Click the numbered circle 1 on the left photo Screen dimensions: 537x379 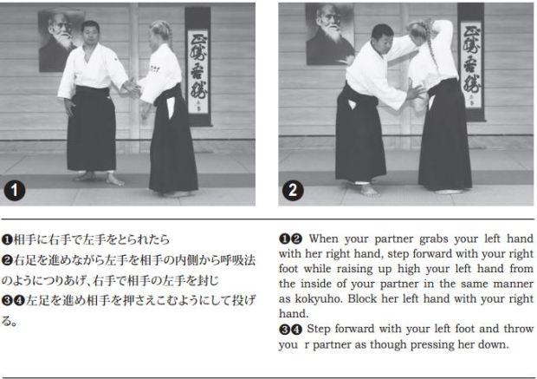(x=15, y=190)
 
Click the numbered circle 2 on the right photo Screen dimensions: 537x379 (x=293, y=190)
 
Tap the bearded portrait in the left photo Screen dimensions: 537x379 (x=59, y=41)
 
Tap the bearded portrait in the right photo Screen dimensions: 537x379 (x=329, y=35)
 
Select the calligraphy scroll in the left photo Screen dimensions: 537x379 (x=197, y=66)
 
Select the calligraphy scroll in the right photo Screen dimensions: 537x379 (x=471, y=62)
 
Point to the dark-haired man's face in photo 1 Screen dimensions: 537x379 (x=90, y=33)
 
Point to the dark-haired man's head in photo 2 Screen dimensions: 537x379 (x=382, y=36)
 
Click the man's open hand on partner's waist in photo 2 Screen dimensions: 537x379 (x=415, y=92)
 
